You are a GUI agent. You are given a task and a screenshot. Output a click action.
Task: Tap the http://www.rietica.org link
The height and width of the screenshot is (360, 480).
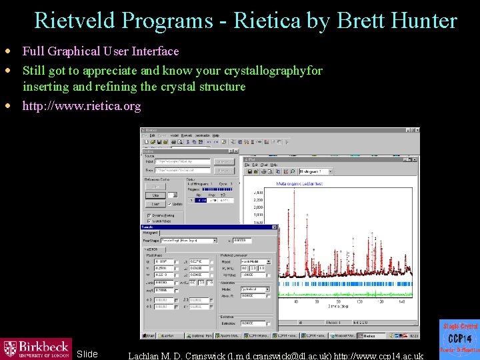(81, 106)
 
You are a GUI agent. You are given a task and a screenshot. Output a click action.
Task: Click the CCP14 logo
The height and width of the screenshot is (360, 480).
(459, 339)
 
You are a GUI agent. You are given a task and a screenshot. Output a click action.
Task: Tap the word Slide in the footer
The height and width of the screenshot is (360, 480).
(87, 354)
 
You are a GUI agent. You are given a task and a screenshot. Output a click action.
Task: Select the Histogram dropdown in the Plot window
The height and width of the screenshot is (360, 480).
(319, 172)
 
